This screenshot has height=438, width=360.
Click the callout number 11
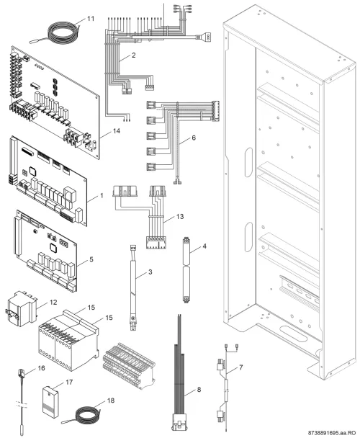pos(91,19)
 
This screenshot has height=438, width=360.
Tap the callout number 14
pos(116,130)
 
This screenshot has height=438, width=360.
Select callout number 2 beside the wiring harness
pos(133,55)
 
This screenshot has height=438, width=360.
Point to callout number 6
pos(194,138)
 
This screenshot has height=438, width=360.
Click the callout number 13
pos(180,217)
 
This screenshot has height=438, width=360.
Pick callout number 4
pos(204,246)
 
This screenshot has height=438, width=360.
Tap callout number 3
pos(150,272)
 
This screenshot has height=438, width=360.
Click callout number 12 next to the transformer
pos(53,303)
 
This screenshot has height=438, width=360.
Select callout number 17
pos(69,382)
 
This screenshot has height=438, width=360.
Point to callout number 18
pos(111,401)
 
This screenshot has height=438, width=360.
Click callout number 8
pos(199,390)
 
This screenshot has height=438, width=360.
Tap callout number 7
pos(240,367)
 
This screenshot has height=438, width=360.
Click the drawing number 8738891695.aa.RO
pos(332,433)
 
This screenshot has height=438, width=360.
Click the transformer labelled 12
pos(22,308)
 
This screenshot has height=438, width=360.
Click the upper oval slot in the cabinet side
pos(248,162)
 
